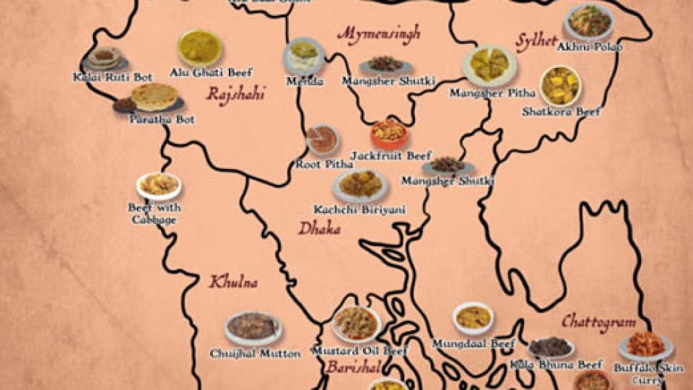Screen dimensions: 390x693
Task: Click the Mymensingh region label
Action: (x=378, y=34)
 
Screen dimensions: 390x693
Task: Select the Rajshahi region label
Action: (x=235, y=94)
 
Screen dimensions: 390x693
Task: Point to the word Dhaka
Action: (x=320, y=230)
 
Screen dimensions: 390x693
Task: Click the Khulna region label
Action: (x=233, y=282)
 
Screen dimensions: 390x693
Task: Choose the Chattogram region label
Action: (x=598, y=321)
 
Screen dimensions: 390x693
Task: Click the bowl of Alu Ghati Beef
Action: (x=199, y=48)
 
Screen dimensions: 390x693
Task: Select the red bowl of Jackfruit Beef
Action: (x=388, y=133)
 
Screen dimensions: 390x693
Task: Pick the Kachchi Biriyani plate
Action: (x=360, y=185)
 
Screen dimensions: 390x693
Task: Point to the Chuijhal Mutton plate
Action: (x=253, y=328)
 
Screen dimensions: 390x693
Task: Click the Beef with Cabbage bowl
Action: (x=159, y=186)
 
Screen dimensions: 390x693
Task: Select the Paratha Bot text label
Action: (x=162, y=119)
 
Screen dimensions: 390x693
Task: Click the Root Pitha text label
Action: (x=324, y=165)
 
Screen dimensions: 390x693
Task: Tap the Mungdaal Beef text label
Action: (x=473, y=344)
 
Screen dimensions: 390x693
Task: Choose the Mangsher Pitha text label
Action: (x=493, y=93)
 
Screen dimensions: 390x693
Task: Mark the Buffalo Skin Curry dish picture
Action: (x=645, y=345)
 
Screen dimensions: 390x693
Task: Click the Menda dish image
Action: (x=304, y=56)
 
